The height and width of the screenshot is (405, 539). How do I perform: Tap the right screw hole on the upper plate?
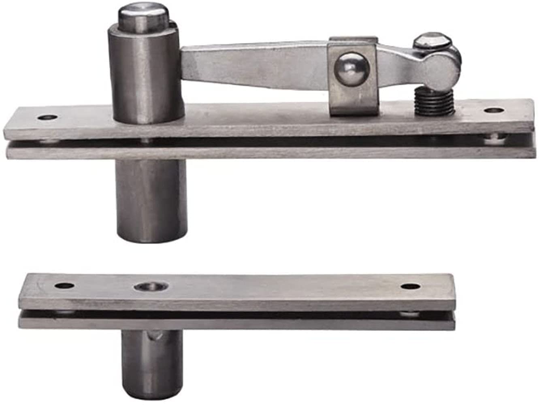(493, 110)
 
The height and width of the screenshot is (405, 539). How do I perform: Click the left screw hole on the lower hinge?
(65, 286)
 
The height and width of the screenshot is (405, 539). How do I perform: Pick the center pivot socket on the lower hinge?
(151, 287)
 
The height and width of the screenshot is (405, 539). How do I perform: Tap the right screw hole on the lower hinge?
(410, 287)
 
